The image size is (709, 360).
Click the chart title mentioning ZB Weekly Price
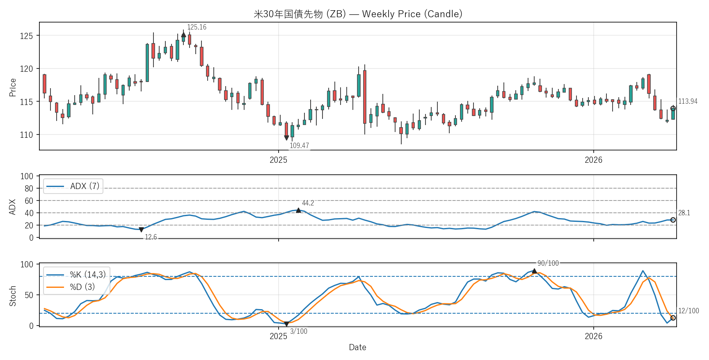tap(358, 14)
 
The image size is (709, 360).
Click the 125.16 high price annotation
tap(197, 27)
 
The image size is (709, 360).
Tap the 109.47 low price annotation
tap(299, 146)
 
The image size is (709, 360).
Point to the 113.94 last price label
tap(688, 101)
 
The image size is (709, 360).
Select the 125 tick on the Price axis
tap(26, 36)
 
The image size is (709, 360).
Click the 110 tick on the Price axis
tap(26, 135)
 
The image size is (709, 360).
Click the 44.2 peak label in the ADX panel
tap(308, 203)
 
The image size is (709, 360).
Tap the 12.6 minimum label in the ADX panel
tap(151, 237)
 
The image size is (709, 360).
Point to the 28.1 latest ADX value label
tap(684, 213)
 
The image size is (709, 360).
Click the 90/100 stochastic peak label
tap(548, 263)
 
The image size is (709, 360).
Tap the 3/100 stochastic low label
tap(298, 331)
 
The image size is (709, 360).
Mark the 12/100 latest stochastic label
tap(688, 311)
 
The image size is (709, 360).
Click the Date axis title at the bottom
tap(357, 347)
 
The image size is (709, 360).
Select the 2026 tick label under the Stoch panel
tap(593, 336)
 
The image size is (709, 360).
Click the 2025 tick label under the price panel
tap(278, 160)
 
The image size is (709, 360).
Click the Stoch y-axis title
tap(13, 296)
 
